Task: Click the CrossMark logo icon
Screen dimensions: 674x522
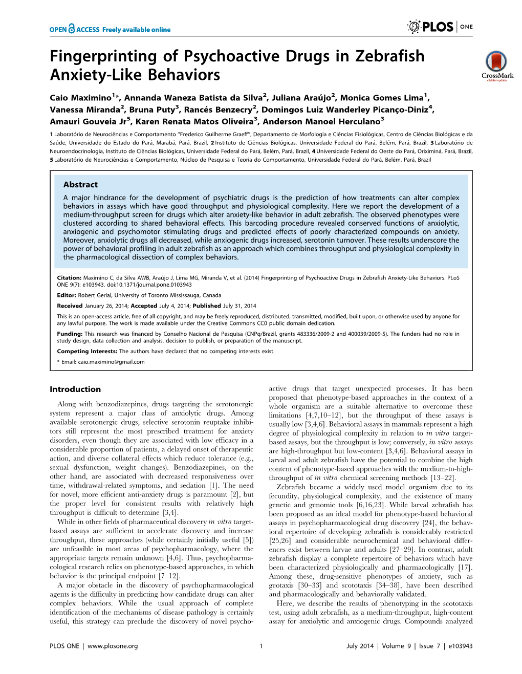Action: pos(496,62)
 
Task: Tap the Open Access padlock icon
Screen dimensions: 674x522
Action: pos(72,29)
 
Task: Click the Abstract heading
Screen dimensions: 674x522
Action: pos(80,185)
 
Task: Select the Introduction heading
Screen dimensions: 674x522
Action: pos(75,389)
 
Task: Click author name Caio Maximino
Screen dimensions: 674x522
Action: pos(80,98)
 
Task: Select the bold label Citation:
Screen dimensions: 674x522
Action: pos(69,278)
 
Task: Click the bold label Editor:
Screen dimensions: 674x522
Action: pos(67,295)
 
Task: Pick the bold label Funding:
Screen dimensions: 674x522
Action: pos(70,334)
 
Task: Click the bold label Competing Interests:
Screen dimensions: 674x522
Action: pos(87,352)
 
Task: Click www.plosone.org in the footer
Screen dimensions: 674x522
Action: pos(113,646)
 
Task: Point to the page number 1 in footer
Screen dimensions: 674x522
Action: pos(261,646)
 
